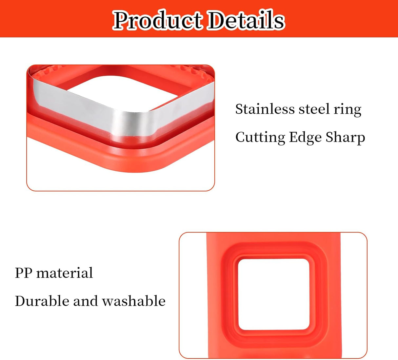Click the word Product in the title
(157, 20)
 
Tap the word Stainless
(265, 109)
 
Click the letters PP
(23, 273)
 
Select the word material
(65, 273)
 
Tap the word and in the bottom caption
(85, 301)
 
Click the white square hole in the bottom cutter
(274, 294)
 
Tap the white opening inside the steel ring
(125, 92)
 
